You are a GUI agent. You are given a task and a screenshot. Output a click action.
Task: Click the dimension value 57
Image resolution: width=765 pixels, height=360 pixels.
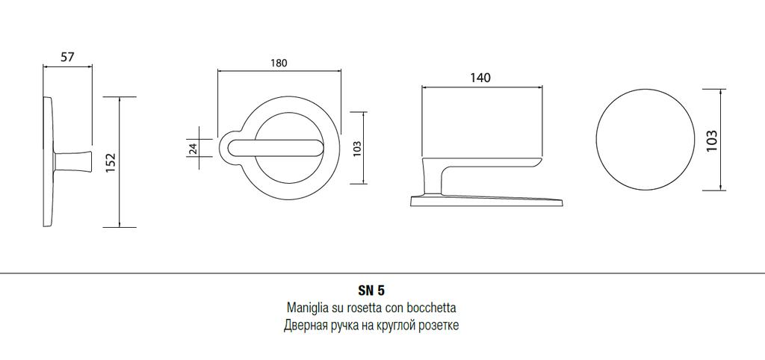67,57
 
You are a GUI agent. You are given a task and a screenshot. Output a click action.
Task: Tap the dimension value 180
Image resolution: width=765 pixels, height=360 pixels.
279,63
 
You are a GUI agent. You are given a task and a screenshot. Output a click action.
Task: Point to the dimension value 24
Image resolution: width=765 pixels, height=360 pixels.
193,149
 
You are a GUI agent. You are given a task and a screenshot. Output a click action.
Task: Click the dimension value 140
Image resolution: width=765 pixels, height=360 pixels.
480,78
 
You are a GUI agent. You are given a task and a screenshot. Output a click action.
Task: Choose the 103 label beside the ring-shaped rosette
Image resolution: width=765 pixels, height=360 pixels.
356,149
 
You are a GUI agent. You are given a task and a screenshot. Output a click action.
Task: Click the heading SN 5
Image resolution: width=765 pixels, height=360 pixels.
371,291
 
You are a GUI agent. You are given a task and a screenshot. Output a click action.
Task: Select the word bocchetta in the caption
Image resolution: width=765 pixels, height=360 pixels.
436,308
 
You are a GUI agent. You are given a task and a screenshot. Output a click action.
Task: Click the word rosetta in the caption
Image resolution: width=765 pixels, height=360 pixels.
365,308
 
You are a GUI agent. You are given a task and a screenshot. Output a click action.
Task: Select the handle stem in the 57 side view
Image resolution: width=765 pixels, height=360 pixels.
73,162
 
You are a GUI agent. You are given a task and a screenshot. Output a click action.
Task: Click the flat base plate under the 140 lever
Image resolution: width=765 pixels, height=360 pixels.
487,202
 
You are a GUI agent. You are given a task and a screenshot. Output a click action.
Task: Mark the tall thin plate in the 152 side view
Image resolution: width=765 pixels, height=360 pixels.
48,161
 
